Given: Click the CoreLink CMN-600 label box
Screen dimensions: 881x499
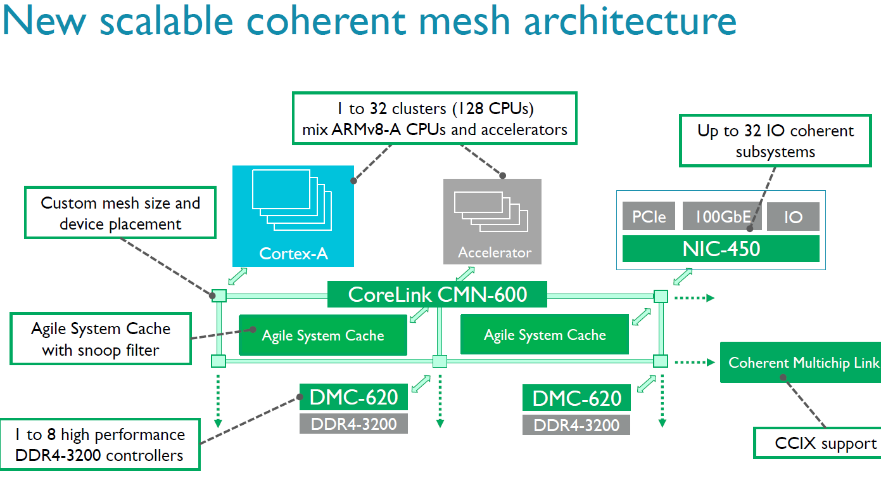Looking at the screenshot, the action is coord(437,294).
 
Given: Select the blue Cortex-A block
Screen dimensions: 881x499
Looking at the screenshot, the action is coord(293,216).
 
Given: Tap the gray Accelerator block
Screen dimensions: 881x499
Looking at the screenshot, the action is coord(492,221).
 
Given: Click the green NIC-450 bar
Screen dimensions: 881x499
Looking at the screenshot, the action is coord(721,249).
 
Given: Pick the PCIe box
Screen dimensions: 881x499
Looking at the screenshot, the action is coord(649,216).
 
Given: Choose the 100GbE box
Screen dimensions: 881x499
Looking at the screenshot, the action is coord(722,216).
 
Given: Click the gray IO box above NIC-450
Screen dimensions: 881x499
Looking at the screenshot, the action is coord(794,217).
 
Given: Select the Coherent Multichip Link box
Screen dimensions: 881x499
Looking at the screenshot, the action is coord(801,362).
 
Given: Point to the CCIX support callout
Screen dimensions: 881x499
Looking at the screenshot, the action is coord(817,443).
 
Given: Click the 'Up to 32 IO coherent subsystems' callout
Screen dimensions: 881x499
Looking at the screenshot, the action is coord(775,141).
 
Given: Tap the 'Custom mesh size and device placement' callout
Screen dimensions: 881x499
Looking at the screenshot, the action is coord(120,212).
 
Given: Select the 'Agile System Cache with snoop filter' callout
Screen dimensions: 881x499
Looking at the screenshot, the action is coord(101,339).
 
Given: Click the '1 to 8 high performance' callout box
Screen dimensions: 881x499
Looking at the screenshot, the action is coord(100,444).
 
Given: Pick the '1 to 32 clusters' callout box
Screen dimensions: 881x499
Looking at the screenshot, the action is coord(434,119).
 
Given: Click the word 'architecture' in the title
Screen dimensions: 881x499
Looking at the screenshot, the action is coord(630,20).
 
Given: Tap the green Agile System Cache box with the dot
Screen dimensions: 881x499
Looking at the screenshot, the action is coord(323,335).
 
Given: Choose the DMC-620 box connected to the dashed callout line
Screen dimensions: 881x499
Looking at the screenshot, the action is coord(353,397).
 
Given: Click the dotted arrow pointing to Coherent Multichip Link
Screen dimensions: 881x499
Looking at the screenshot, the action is coord(695,362).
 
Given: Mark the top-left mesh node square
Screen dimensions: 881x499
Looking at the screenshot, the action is coord(219,295).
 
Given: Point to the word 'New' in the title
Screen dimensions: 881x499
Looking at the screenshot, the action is coord(44,20).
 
